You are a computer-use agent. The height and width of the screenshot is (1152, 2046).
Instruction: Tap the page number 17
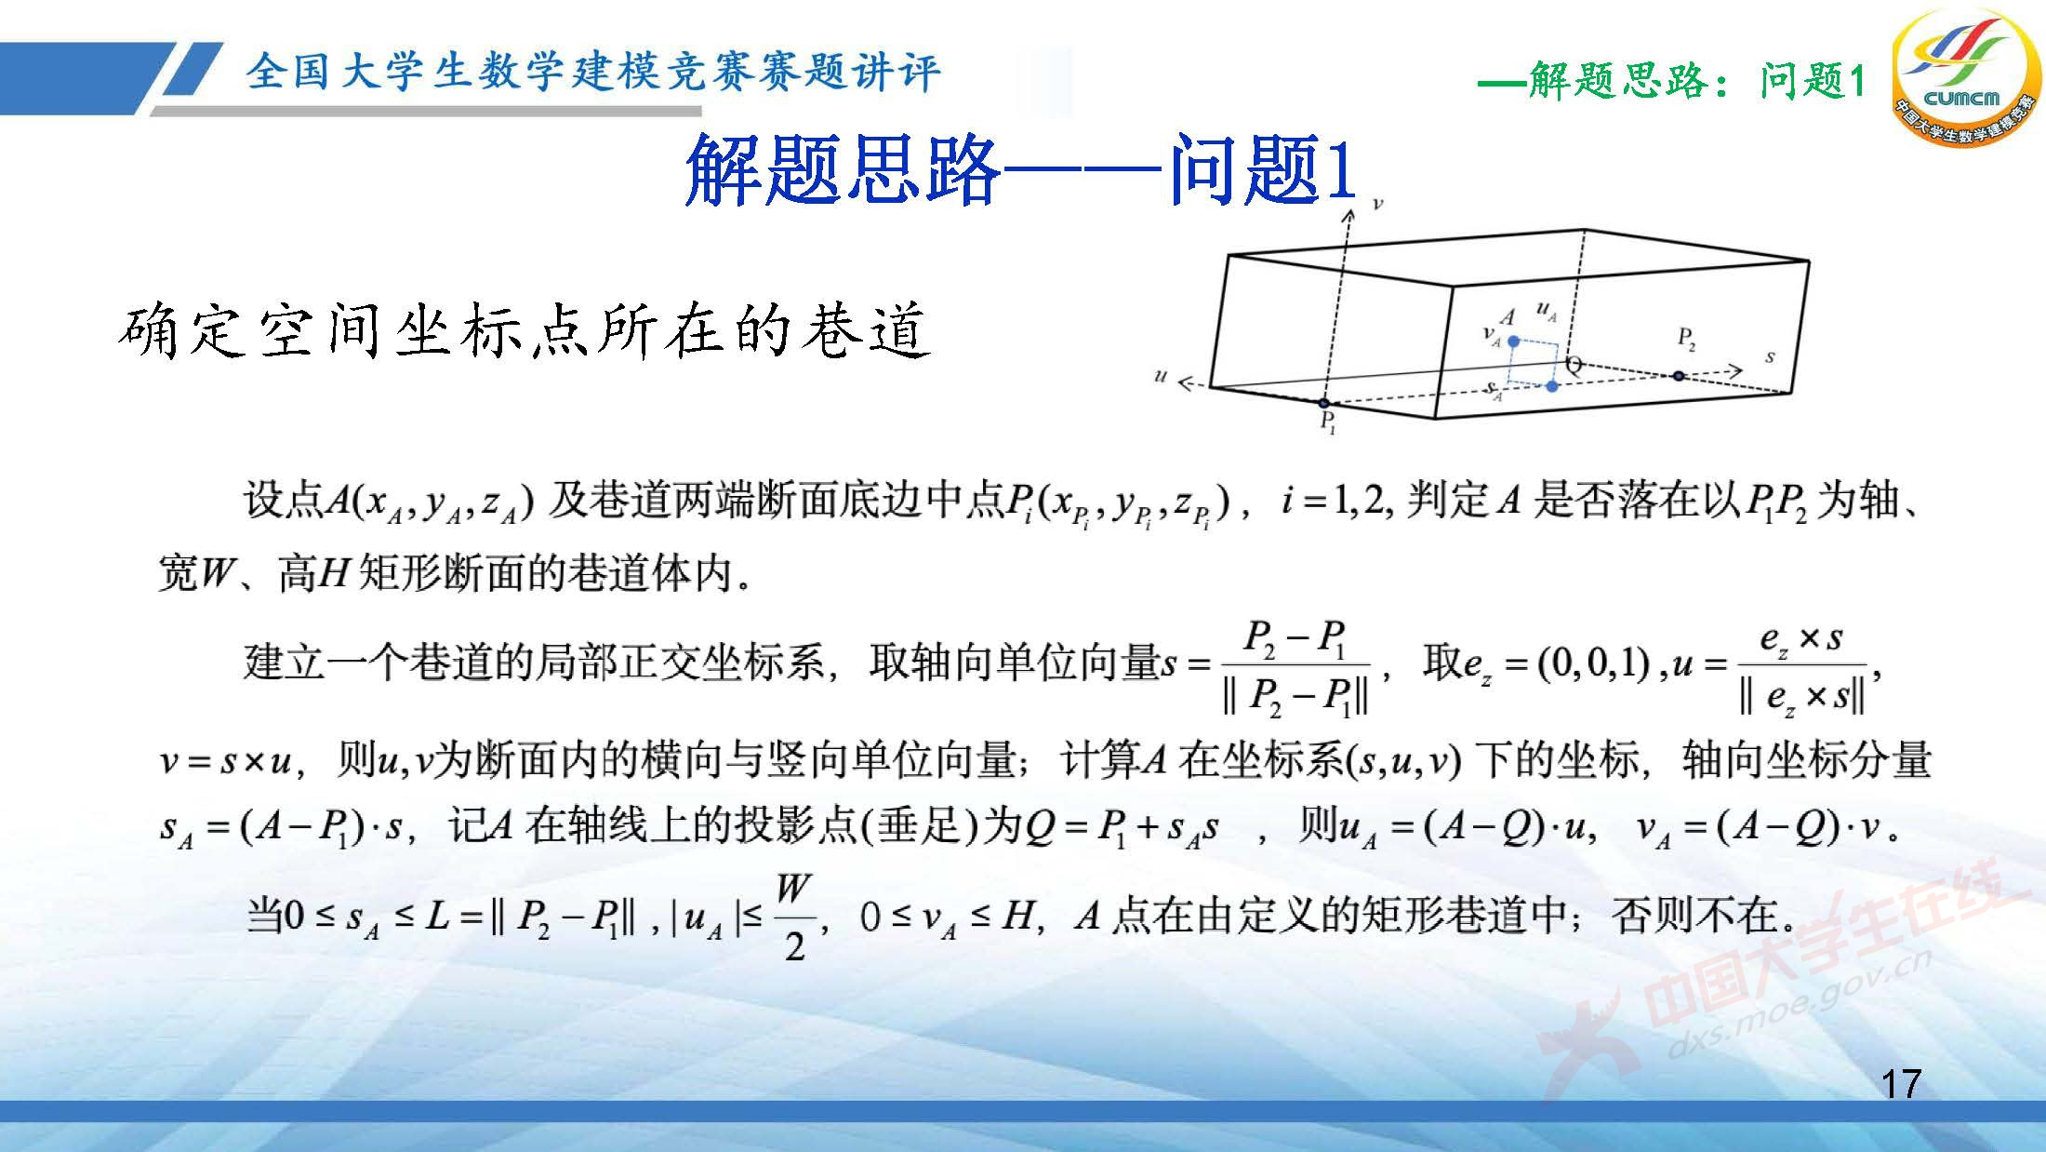(x=1900, y=1084)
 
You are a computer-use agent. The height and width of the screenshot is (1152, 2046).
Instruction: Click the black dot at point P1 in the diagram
(x=1324, y=403)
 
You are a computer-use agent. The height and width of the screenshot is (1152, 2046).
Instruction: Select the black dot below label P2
(x=1678, y=376)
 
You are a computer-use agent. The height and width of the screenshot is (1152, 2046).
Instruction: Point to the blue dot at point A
(x=1513, y=342)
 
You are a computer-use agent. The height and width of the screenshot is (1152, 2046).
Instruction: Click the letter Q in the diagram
(x=1574, y=365)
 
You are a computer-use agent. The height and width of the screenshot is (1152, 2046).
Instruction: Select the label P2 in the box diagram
(x=1686, y=338)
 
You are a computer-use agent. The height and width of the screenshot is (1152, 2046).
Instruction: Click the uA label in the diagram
(x=1546, y=312)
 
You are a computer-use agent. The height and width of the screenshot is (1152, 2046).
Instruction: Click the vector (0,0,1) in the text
(x=1593, y=663)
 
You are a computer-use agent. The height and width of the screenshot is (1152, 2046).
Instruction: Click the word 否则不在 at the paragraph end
(x=1703, y=917)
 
